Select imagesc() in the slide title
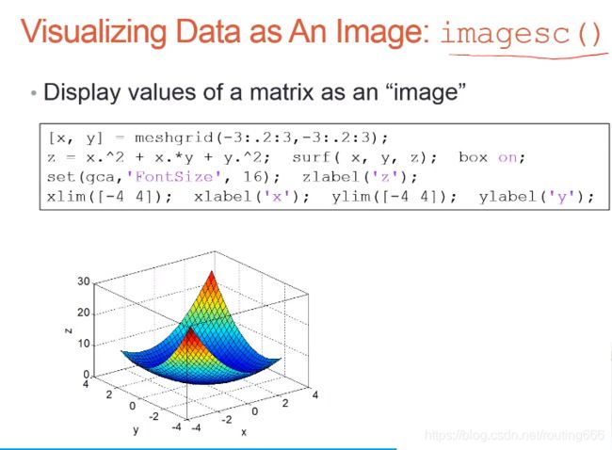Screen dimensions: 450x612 pos(521,34)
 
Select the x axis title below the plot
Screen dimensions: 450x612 pos(243,432)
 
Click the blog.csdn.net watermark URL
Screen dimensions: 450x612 pos(514,436)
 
